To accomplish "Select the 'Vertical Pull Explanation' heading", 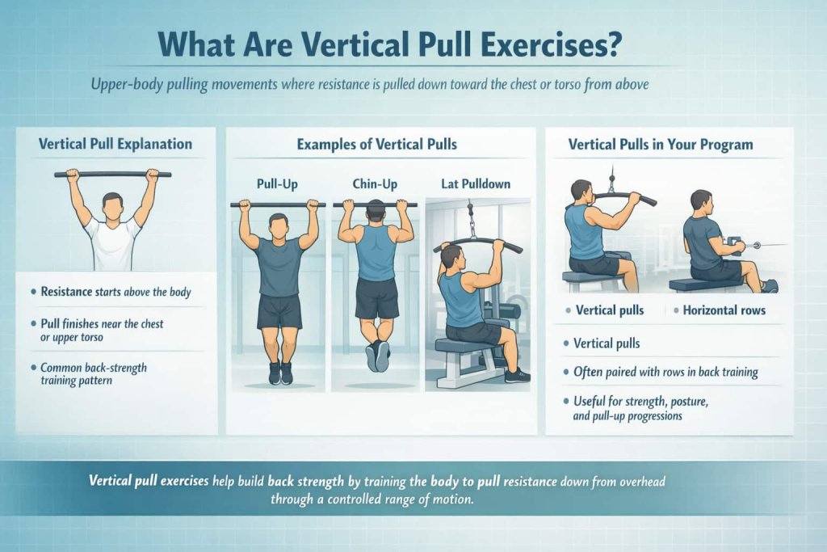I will [x=115, y=145].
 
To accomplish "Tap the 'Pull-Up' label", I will [x=277, y=184].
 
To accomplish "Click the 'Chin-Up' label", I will [x=375, y=184].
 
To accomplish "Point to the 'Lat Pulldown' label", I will [x=476, y=184].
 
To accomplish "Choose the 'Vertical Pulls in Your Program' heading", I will [x=661, y=145].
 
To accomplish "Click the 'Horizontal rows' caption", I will [x=724, y=310].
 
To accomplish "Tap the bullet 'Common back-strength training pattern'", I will [x=94, y=373].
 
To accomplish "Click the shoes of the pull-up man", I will [x=279, y=373].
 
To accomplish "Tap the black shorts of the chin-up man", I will [x=376, y=297].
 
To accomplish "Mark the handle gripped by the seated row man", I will [x=735, y=242].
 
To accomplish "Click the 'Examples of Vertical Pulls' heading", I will [x=376, y=145].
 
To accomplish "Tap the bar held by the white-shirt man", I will [x=112, y=174].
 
